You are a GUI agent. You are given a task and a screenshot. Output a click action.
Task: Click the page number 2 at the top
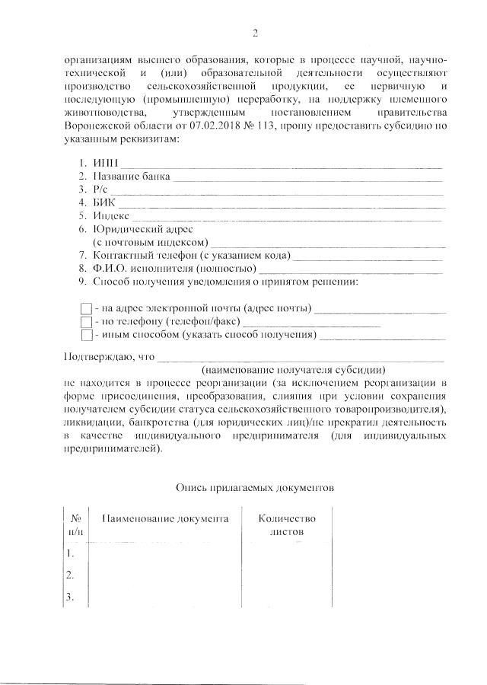tap(256, 32)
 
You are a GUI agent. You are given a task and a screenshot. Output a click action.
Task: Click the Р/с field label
tap(102, 190)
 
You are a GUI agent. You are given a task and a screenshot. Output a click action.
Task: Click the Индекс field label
tap(112, 216)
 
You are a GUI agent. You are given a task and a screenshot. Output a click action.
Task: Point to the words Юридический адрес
tap(143, 229)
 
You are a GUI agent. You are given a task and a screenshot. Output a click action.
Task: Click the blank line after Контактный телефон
tap(368, 256)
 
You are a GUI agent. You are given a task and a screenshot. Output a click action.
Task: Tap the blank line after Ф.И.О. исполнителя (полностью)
tap(351, 269)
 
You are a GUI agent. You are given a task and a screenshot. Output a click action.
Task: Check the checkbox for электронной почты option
tap(86, 308)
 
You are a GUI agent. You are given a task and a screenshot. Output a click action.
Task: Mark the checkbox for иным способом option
tap(86, 335)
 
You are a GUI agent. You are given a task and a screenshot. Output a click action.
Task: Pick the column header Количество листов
tap(286, 524)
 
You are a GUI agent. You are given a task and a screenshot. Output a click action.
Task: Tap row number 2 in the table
tap(70, 574)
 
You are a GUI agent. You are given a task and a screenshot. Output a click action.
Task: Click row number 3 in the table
tap(70, 597)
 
